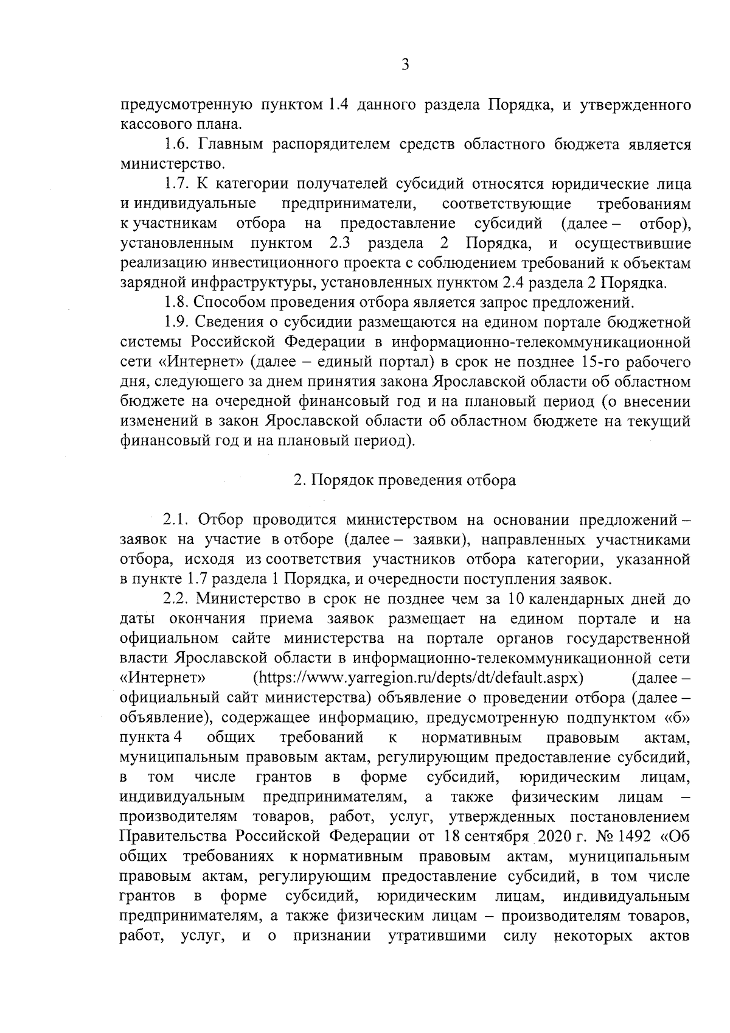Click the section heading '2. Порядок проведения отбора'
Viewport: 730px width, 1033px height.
click(x=405, y=480)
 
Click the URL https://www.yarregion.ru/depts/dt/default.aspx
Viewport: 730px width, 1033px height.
click(x=418, y=678)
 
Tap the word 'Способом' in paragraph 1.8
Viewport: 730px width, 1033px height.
click(x=232, y=303)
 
